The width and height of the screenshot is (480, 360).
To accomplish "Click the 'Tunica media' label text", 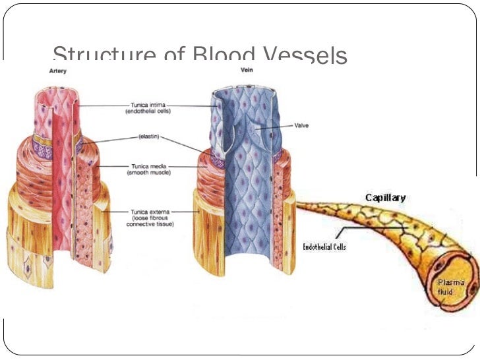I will click(146, 166).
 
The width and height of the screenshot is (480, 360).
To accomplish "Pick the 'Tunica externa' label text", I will click(148, 212).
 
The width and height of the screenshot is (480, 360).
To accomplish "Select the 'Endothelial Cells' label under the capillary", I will click(324, 247).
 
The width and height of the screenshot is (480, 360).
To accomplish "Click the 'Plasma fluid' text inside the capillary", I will click(451, 287).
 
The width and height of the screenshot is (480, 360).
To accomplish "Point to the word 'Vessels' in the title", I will click(303, 55).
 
